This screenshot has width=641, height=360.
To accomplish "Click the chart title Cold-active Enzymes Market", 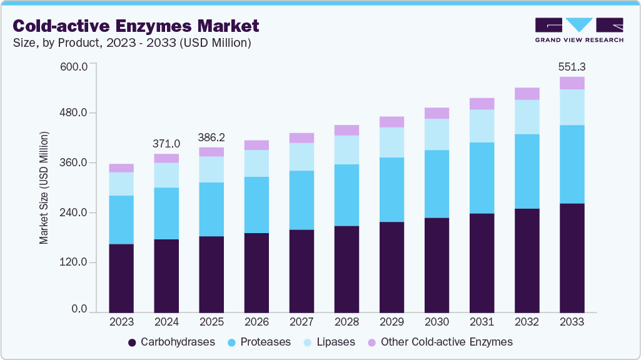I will [x=135, y=26].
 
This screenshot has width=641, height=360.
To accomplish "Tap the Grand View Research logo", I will [x=578, y=30].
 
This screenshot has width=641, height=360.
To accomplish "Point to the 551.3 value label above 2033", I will [x=572, y=66].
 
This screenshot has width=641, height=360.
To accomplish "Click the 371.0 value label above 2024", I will [x=166, y=143].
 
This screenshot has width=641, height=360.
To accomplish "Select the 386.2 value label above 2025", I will [x=211, y=137].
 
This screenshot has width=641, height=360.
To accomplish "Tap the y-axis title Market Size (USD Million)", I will [x=44, y=188].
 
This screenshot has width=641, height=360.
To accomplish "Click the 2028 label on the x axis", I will [x=346, y=322].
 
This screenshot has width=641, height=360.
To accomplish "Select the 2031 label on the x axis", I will [x=482, y=322].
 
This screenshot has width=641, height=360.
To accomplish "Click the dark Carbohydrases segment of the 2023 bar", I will [x=121, y=278].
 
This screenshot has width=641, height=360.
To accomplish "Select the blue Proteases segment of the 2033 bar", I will [x=572, y=164].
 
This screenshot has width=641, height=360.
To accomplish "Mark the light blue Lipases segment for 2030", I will [x=437, y=134].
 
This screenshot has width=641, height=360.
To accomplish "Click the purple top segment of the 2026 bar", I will [x=256, y=145].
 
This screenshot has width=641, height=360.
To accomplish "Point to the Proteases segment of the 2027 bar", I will [x=301, y=200].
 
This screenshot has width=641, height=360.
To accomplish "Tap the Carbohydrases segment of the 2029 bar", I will [x=391, y=267].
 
